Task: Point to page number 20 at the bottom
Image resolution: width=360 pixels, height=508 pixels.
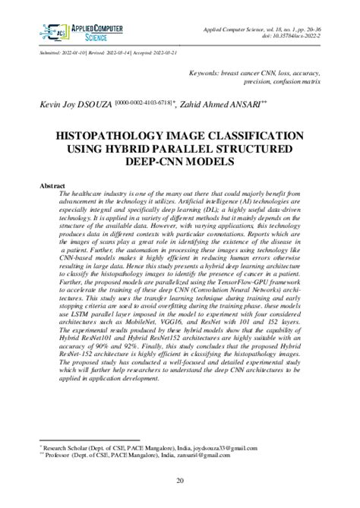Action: pyautogui.click(x=180, y=481)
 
